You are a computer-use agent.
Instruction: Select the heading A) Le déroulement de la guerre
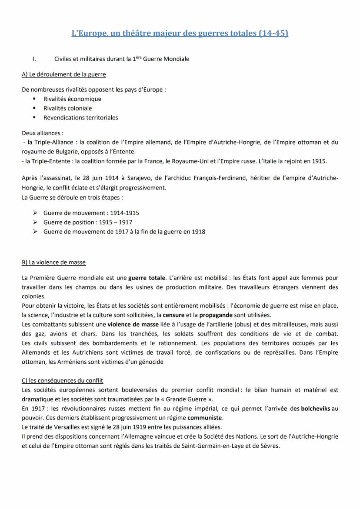[x=63, y=74]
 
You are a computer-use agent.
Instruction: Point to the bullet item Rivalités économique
[x=72, y=99]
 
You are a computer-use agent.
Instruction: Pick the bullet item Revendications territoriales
[x=80, y=117]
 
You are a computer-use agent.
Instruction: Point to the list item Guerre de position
[x=70, y=222]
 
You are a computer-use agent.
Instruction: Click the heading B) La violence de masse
[x=53, y=263]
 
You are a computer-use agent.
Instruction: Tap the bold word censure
[x=173, y=315]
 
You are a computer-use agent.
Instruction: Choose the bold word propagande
[x=216, y=315]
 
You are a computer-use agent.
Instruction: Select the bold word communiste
[x=205, y=418]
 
